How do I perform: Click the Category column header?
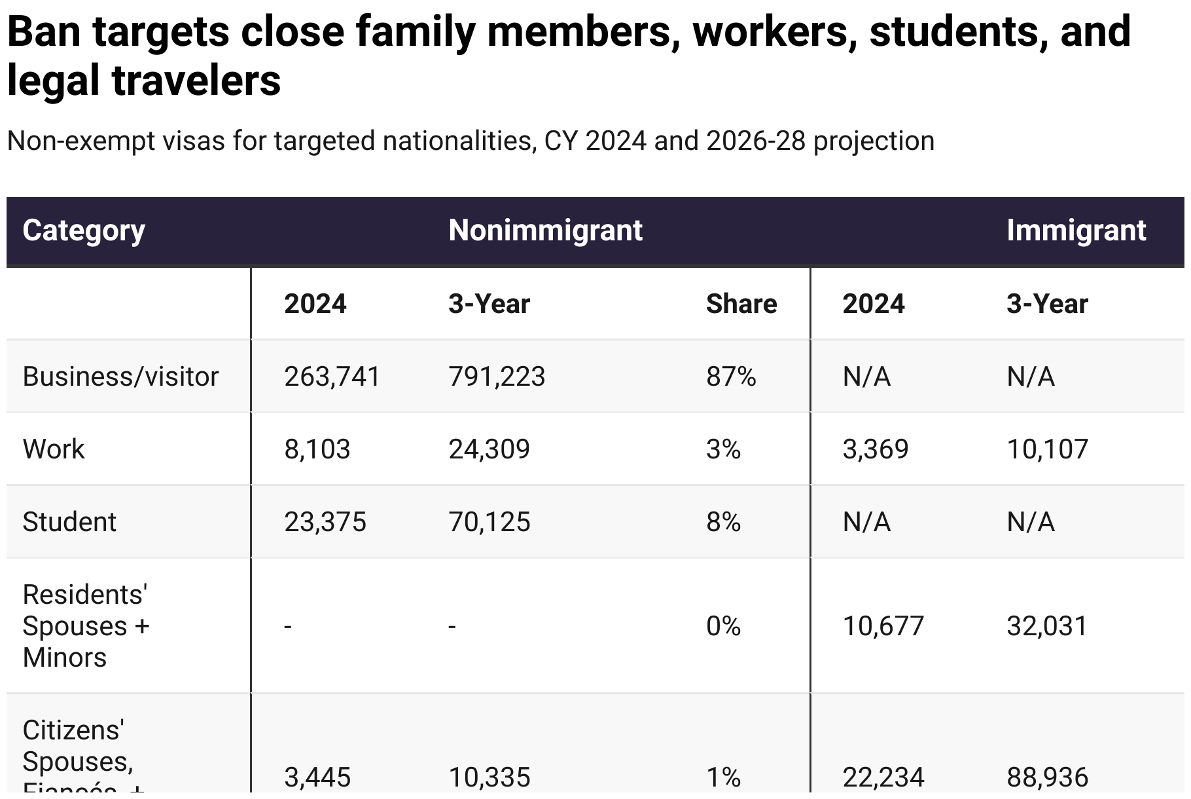pos(84,231)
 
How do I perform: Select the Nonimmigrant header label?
pos(545,231)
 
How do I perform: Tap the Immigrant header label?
pos(1076,231)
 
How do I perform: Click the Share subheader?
pos(741,305)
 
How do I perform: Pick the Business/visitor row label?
pos(120,377)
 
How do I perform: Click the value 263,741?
pos(332,377)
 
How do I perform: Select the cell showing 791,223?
pos(496,377)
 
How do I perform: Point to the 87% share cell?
pos(730,377)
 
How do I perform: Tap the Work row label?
pos(54,450)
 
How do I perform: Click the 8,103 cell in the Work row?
pos(317,450)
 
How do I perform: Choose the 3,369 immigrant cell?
pos(875,450)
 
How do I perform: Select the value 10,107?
pos(1047,450)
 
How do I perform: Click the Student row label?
pos(69,523)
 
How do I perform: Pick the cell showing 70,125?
pos(489,523)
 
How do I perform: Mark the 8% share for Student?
pos(723,523)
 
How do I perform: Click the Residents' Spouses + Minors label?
pos(85,626)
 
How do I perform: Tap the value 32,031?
pos(1046,627)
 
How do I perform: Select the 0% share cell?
pos(723,627)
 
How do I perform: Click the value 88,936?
pos(1047,777)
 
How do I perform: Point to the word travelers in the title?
pos(196,81)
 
